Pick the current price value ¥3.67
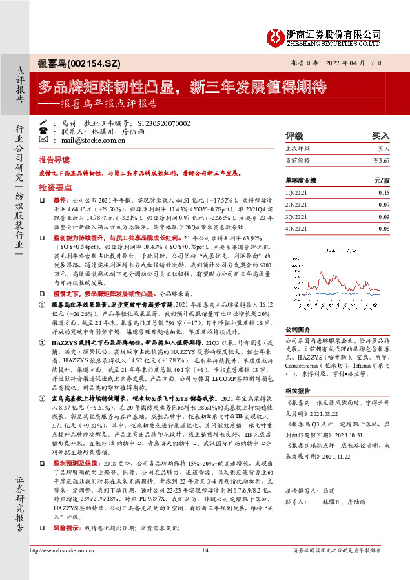click(381, 160)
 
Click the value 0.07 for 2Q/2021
click(385, 205)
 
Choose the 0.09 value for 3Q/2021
click(385, 216)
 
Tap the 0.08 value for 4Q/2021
click(385, 227)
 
